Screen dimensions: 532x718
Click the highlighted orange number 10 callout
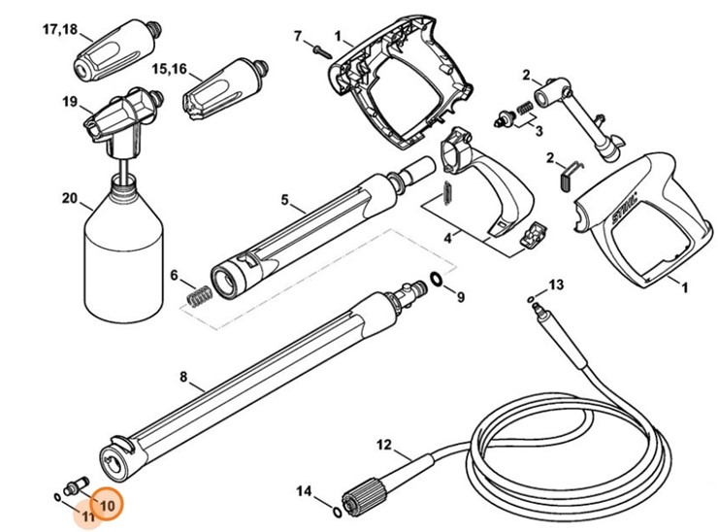point(106,505)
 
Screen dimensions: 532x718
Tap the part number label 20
point(69,199)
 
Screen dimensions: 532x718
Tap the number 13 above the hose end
point(555,283)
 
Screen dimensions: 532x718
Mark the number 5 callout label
point(285,200)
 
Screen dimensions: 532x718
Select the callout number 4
point(447,235)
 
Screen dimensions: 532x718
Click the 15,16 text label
point(170,69)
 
